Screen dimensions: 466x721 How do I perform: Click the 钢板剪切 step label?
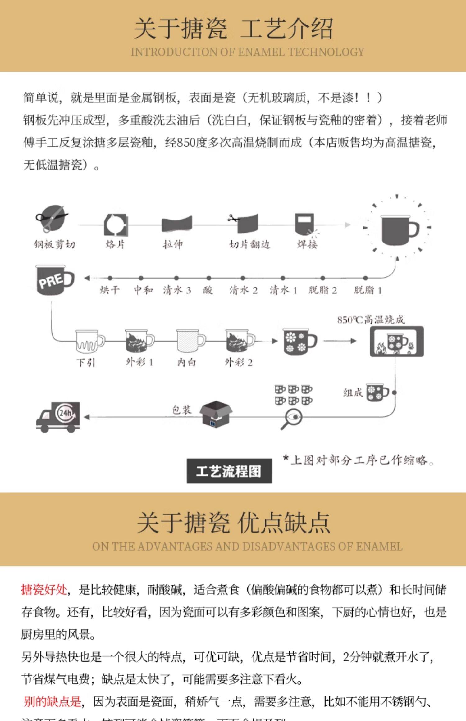(x=55, y=245)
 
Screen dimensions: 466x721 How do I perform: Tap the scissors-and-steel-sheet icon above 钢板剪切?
(x=52, y=217)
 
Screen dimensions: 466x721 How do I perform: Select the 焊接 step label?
(x=307, y=245)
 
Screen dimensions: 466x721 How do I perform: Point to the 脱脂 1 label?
(x=368, y=290)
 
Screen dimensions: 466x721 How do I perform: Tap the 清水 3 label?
(x=177, y=290)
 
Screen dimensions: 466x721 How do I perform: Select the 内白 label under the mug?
(x=186, y=362)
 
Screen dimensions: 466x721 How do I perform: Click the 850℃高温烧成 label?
(x=371, y=320)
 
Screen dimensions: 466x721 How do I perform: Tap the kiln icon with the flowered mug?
(x=396, y=342)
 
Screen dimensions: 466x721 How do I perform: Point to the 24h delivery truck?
(x=58, y=417)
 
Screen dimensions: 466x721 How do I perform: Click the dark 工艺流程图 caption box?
(x=229, y=471)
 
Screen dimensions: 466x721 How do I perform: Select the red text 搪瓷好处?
(x=44, y=589)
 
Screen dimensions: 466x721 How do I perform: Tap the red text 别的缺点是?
(x=52, y=701)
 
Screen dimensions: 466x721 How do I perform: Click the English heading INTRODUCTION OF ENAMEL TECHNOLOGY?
(x=247, y=52)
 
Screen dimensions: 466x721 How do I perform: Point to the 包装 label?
(x=181, y=410)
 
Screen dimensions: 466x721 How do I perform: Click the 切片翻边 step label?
(x=249, y=245)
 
